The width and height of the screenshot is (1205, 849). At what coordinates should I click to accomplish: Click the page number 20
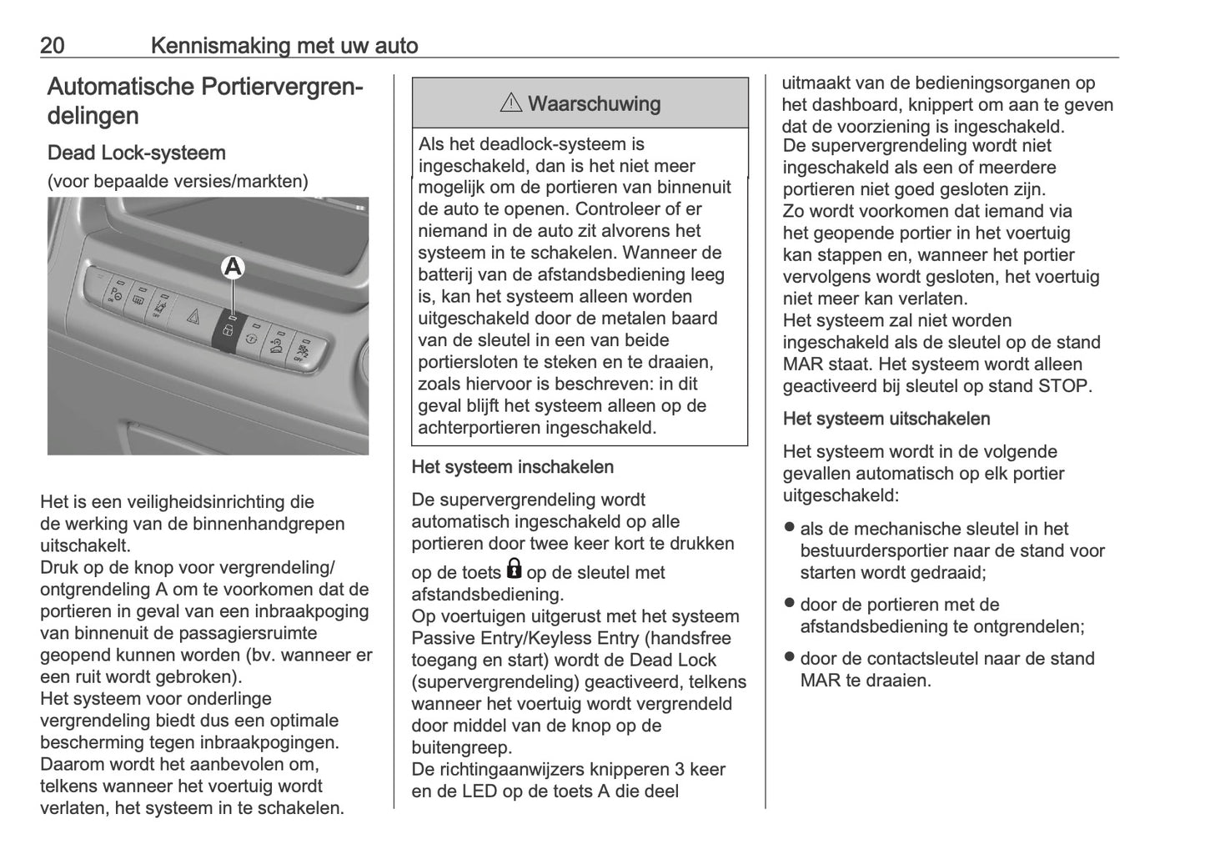(x=53, y=45)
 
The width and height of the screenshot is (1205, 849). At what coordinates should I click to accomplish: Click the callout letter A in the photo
(x=233, y=267)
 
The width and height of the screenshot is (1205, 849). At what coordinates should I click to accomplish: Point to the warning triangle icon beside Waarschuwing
(x=510, y=103)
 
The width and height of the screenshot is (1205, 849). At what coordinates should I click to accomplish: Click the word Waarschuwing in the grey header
(x=594, y=103)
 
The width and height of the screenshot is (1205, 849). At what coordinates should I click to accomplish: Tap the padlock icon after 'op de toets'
(x=514, y=570)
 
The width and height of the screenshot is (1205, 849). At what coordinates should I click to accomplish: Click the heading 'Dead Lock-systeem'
(x=137, y=153)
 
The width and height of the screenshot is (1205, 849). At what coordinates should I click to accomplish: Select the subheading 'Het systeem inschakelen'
(x=512, y=467)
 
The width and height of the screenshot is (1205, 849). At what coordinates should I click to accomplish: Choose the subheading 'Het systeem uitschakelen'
(x=886, y=419)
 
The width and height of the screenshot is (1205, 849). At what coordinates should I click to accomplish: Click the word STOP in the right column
(x=1064, y=386)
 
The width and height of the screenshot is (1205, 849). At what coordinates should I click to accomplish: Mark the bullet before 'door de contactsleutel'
(x=789, y=657)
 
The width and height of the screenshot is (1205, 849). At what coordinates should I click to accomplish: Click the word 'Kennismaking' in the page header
(x=221, y=45)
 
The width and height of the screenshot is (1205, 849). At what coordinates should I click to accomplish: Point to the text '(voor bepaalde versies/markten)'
(x=178, y=181)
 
